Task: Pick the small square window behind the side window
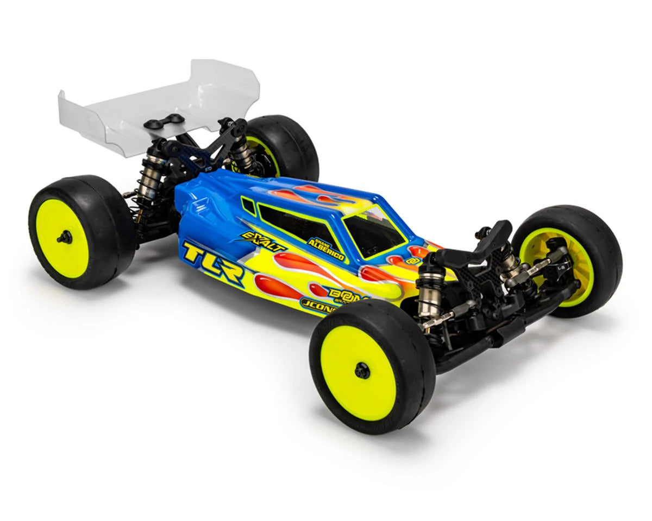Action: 248,205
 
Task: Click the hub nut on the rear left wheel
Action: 65,237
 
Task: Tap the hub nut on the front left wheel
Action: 362,370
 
